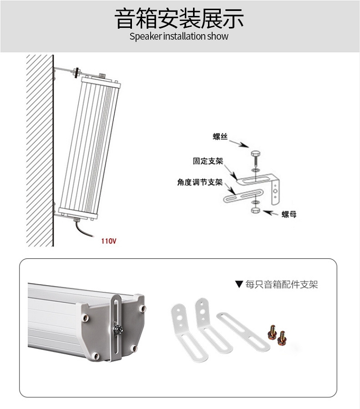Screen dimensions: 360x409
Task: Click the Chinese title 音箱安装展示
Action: [x=179, y=18]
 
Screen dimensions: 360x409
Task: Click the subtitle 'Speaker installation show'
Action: [x=179, y=36]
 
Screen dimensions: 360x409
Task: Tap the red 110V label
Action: [x=109, y=241]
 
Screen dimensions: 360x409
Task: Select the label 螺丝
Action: [x=220, y=136]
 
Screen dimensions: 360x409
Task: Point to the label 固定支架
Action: [x=208, y=161]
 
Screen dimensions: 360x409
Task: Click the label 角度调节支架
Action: [x=200, y=182]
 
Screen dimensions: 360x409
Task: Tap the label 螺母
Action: [x=289, y=215]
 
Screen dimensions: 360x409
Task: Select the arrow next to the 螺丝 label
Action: [x=240, y=144]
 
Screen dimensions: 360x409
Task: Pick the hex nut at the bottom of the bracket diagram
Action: [x=255, y=210]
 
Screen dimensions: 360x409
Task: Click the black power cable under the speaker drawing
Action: [x=83, y=229]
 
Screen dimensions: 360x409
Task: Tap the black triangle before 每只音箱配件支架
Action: [x=239, y=284]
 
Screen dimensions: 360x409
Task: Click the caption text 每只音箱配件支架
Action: [x=281, y=284]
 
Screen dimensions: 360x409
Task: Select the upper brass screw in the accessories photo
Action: [x=272, y=332]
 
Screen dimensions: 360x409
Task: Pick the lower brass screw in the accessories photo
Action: [x=282, y=337]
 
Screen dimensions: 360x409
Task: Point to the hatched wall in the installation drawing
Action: [x=40, y=151]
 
